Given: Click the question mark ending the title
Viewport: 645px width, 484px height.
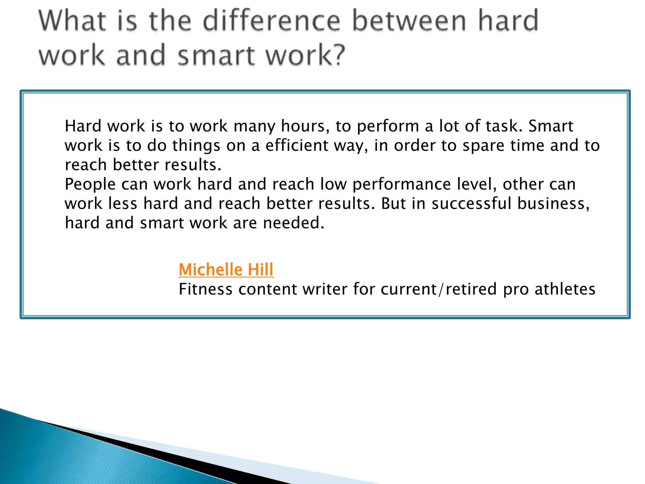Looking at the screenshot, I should pyautogui.click(x=339, y=55).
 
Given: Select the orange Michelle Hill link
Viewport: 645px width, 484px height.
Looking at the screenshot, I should pyautogui.click(x=226, y=270).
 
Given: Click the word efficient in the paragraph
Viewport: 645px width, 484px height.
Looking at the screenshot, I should pyautogui.click(x=297, y=146).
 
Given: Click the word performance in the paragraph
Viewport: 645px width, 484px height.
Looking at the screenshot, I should pyautogui.click(x=402, y=185).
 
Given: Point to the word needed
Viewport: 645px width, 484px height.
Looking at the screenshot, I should pyautogui.click(x=293, y=223).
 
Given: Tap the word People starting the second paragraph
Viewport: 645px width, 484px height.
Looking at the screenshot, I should pyautogui.click(x=90, y=185).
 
